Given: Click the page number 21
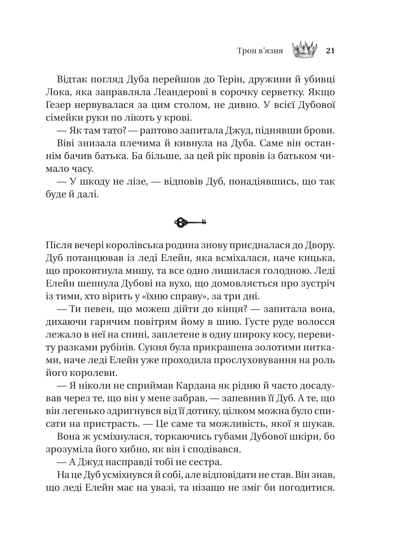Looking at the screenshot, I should click(x=330, y=51).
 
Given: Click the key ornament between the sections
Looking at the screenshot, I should click(x=190, y=223).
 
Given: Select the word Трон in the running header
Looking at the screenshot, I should click(x=247, y=51).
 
